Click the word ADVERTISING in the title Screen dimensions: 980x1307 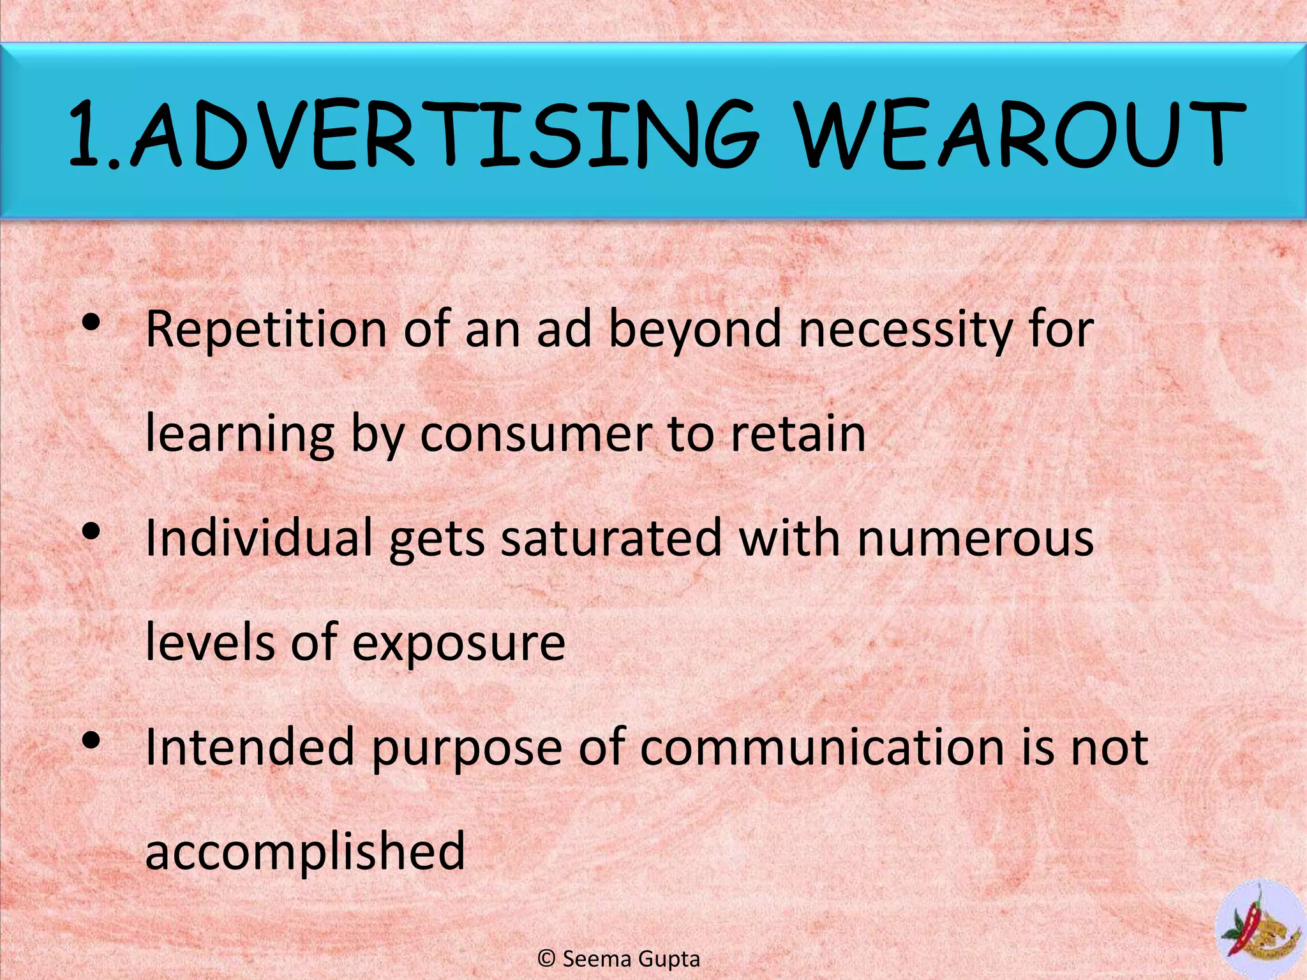(x=447, y=135)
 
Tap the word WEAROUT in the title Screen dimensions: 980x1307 (x=1021, y=135)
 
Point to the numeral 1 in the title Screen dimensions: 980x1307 (x=86, y=135)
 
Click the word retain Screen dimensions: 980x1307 (x=798, y=434)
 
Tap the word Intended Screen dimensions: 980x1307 (x=250, y=748)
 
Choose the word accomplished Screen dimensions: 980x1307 (x=305, y=852)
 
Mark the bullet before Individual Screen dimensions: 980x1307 (x=91, y=531)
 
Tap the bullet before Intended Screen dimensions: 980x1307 (x=91, y=741)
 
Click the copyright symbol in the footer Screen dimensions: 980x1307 (x=546, y=959)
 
